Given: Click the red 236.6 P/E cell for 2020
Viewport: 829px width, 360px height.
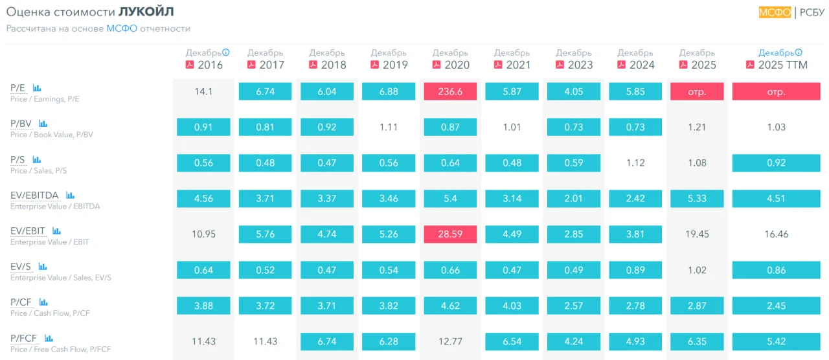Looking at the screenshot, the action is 450,91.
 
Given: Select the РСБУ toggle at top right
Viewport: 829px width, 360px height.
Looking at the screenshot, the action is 812,12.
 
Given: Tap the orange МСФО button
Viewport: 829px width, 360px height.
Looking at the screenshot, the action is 775,12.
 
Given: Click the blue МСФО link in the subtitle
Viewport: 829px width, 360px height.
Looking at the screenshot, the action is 122,28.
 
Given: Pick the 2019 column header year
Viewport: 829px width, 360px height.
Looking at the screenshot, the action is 395,65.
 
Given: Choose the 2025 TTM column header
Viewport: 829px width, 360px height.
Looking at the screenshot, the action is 783,65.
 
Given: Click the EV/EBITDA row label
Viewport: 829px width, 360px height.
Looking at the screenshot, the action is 34,195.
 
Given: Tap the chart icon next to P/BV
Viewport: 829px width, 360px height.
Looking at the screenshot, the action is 43,123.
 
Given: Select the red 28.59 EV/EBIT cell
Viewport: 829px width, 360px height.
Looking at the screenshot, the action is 450,234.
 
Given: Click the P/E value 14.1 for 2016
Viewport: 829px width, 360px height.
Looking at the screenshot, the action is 203,91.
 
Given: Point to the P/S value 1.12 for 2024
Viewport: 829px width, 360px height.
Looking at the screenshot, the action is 635,163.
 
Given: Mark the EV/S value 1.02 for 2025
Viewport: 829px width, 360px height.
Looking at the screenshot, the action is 697,270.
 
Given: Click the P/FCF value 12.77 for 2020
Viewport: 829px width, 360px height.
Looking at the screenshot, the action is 450,341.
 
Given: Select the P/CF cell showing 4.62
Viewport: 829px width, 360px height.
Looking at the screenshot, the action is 450,306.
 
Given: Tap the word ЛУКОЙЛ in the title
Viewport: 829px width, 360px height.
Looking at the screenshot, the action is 146,12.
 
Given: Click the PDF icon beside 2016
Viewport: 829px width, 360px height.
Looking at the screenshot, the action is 190,65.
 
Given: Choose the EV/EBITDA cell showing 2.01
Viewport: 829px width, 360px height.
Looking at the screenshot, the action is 573,198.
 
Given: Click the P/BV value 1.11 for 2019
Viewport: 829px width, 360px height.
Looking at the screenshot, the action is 388,127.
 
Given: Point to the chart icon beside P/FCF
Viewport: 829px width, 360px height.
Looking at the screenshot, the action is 49,338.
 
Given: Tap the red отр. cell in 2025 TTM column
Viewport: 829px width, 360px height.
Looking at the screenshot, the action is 776,91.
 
